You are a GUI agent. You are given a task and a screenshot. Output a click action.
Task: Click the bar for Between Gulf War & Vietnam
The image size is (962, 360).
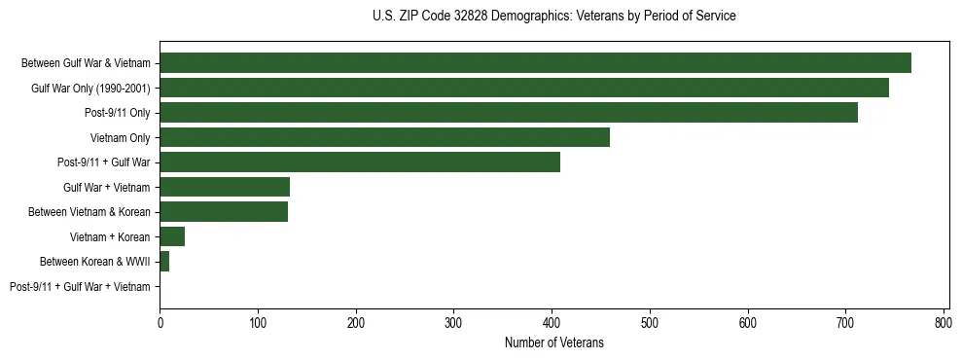[535, 63]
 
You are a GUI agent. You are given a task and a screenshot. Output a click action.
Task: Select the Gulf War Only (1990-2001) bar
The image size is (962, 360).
[524, 88]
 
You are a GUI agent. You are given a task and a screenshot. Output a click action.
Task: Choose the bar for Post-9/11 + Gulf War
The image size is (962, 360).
[360, 162]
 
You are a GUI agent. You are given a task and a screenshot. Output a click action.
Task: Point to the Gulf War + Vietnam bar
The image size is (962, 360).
[225, 187]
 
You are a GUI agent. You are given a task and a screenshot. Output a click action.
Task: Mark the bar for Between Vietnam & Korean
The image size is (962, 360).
[224, 212]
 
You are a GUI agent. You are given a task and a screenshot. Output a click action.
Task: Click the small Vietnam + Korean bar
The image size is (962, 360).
[172, 236]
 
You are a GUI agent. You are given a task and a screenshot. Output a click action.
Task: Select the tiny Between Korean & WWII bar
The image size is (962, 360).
[164, 262]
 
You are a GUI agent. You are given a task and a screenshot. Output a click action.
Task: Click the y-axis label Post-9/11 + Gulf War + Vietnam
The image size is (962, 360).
[80, 287]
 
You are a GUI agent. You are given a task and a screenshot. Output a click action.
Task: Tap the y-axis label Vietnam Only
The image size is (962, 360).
[120, 138]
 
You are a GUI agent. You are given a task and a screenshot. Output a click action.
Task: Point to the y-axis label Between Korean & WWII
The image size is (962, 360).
[94, 262]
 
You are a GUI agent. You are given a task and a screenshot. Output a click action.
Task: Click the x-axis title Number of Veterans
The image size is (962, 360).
[554, 342]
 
